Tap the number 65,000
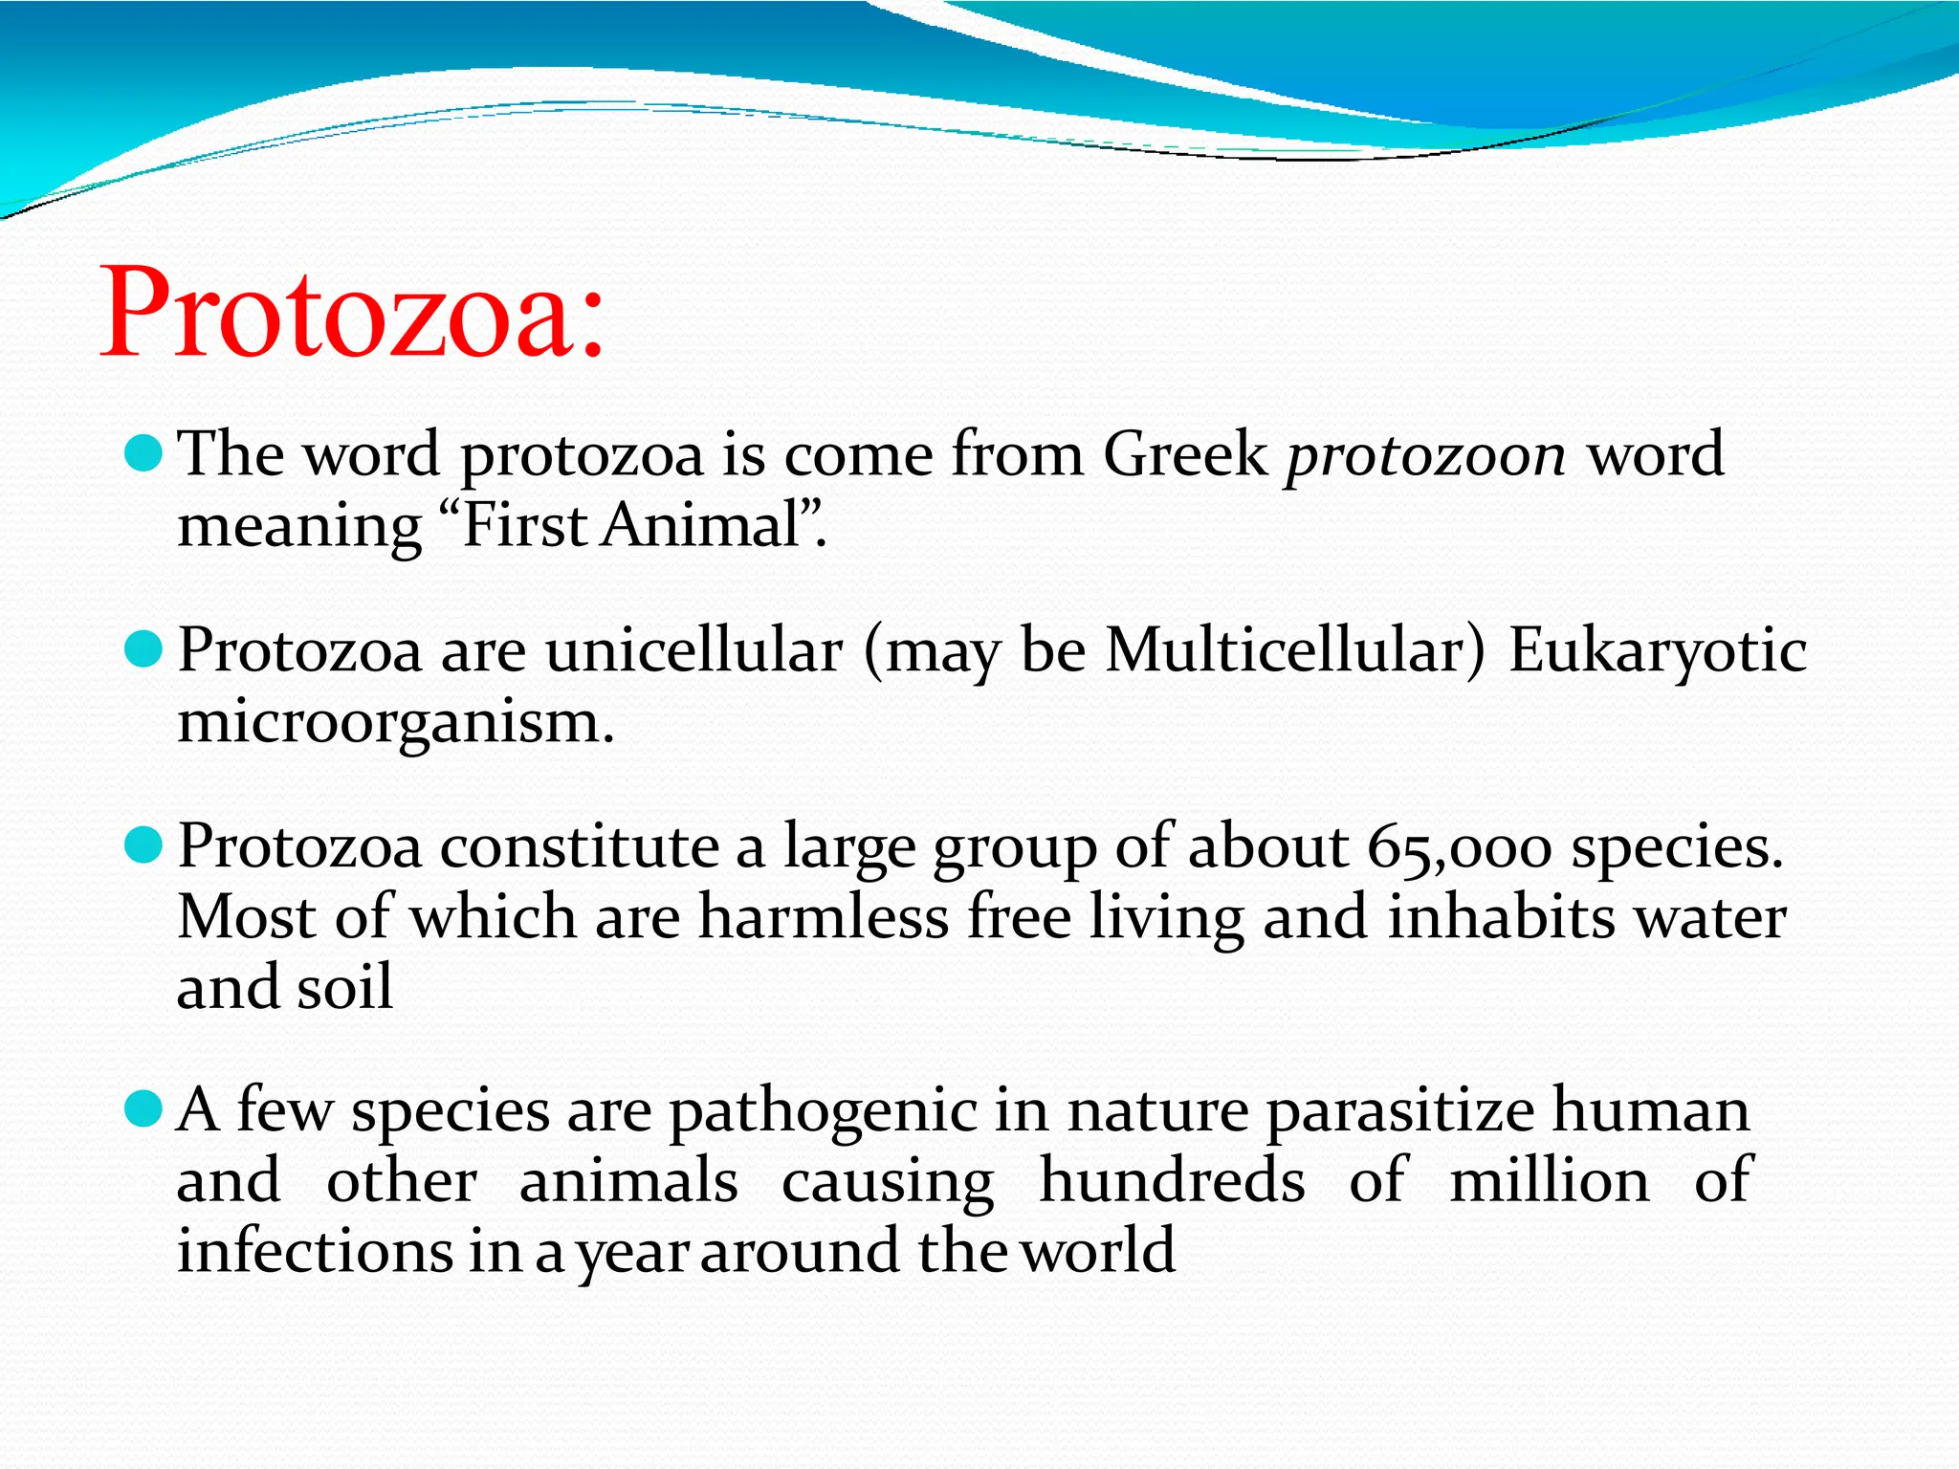pyautogui.click(x=1459, y=848)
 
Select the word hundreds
pyautogui.click(x=1172, y=1180)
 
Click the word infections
pyautogui.click(x=315, y=1251)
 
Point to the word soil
pyautogui.click(x=344, y=988)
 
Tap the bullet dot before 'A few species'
pyautogui.click(x=144, y=1109)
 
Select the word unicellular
pyautogui.click(x=693, y=651)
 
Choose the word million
pyautogui.click(x=1549, y=1180)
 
